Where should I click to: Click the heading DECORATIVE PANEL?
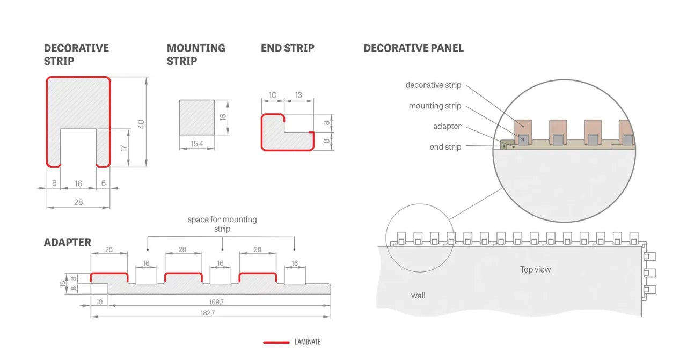pos(413,48)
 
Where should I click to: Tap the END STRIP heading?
pos(287,48)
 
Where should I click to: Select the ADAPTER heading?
pos(68,243)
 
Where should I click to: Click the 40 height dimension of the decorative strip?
pos(141,123)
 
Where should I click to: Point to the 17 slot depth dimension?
pos(123,147)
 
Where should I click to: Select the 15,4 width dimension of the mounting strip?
pos(196,144)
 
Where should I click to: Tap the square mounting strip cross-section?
pos(196,117)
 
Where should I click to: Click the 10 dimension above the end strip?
pos(273,95)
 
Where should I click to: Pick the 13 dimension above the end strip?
pos(298,95)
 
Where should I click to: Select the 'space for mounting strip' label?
pos(222,224)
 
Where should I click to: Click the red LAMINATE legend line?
pos(276,342)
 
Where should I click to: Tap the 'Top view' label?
pos(535,269)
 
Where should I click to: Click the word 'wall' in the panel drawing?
pos(418,295)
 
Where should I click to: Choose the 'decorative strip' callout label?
pos(433,85)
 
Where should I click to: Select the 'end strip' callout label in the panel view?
pos(445,147)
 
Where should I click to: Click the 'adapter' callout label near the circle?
pos(447,127)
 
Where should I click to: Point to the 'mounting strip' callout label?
pos(435,106)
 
